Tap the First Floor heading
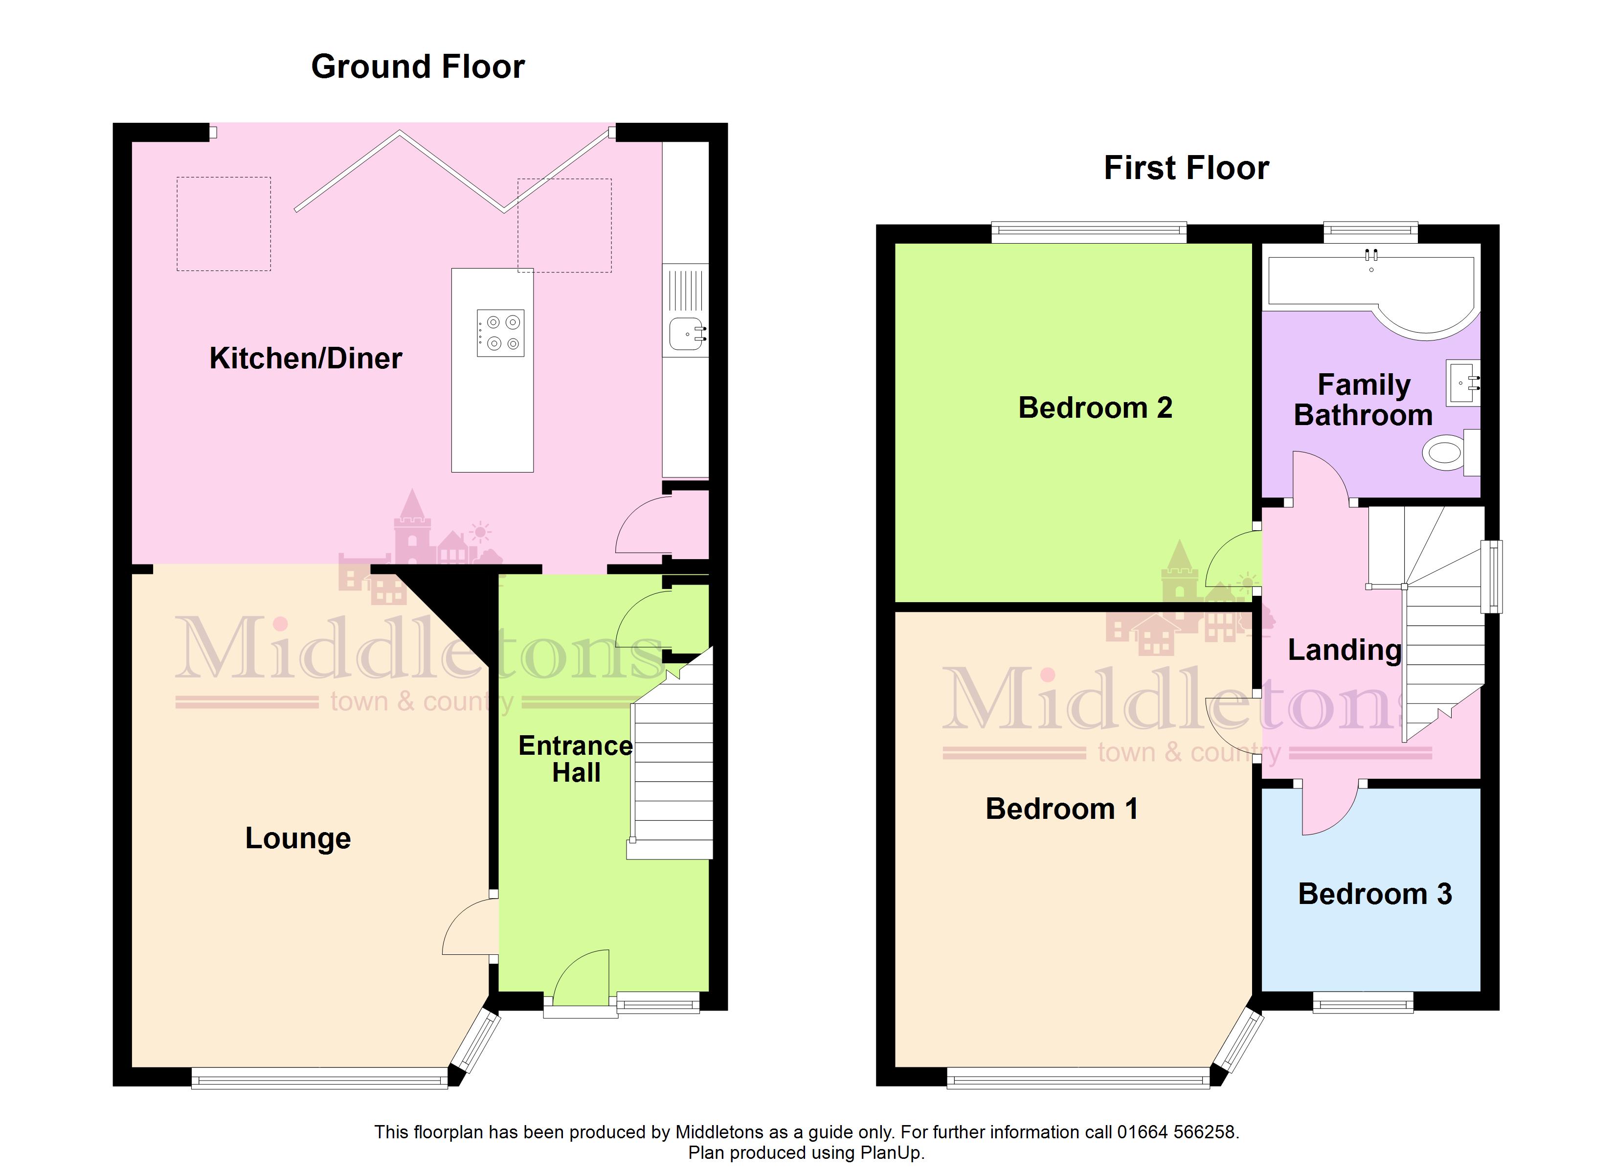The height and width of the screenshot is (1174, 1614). [x=1187, y=168]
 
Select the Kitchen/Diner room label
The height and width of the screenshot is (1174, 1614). [x=306, y=358]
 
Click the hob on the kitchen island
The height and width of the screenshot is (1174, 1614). [x=500, y=333]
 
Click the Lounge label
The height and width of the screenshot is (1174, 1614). [x=298, y=838]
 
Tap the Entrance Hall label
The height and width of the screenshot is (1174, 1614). [x=576, y=759]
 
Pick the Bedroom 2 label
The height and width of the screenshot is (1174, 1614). [x=1095, y=408]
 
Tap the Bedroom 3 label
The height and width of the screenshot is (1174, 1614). [x=1375, y=894]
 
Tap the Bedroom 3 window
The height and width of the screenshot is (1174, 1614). [x=1364, y=1004]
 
